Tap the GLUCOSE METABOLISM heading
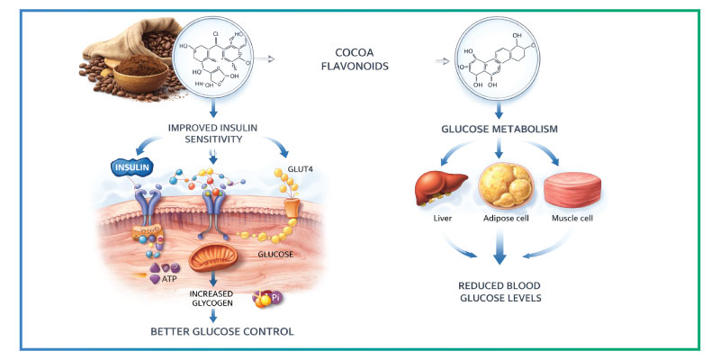[498, 129]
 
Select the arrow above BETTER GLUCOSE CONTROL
[213, 316]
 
